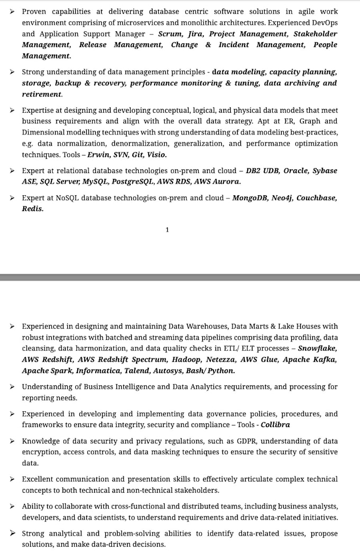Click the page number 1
(167, 230)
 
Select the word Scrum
(169, 34)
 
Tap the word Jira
(196, 34)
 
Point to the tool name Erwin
(100, 155)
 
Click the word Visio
(156, 155)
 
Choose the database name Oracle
(295, 171)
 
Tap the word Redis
(32, 209)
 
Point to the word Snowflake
(318, 348)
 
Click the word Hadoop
(187, 359)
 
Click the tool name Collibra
(275, 425)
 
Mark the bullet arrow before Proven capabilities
(13, 11)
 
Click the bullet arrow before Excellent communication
(13, 479)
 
